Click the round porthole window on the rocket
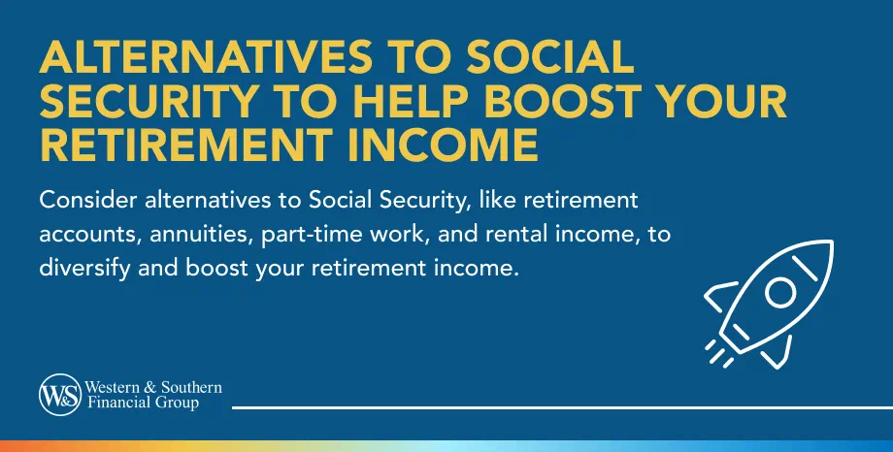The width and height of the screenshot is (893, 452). (x=781, y=292)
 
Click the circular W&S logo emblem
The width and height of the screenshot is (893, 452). (x=59, y=395)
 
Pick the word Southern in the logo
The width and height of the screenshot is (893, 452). (x=192, y=388)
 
